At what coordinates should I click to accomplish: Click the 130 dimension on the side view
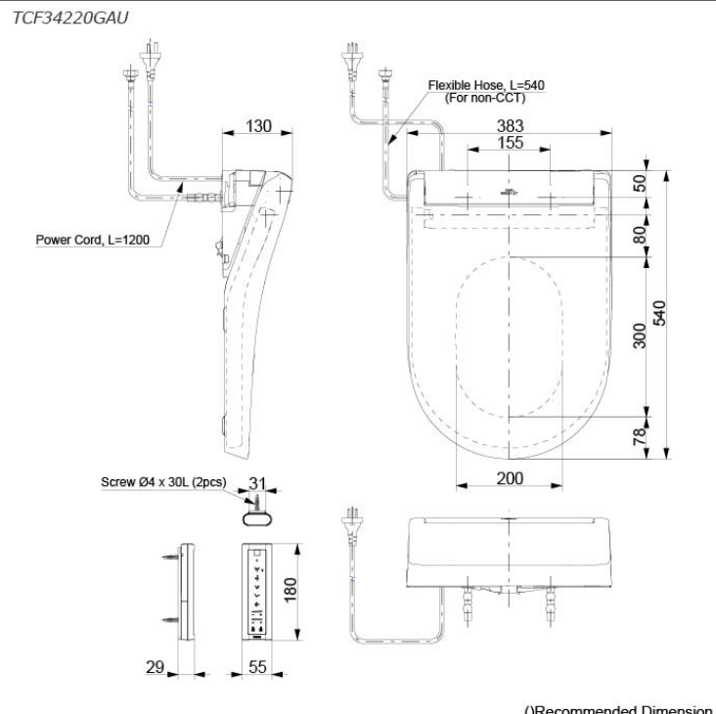(258, 126)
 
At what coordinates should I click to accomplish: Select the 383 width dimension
(510, 125)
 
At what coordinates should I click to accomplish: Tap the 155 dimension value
(510, 143)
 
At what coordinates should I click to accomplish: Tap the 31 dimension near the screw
(258, 483)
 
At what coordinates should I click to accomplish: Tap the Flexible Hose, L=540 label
(486, 86)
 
